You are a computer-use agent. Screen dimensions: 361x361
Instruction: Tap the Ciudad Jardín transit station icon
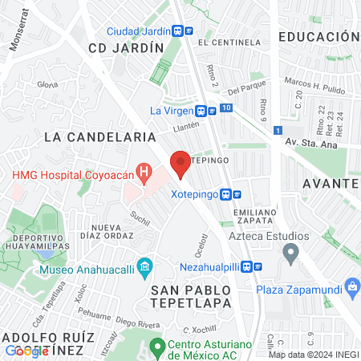(188, 30)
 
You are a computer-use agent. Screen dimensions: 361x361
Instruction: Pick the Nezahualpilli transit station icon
(249, 267)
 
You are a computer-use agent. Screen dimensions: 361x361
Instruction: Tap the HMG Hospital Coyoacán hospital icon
(144, 171)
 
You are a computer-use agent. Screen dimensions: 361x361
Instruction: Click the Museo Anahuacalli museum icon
(144, 266)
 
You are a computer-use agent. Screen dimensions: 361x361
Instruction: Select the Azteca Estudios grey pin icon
(291, 254)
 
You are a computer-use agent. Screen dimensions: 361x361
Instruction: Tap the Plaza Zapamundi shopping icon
(351, 289)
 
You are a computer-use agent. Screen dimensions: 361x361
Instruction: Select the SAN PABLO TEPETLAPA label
(191, 296)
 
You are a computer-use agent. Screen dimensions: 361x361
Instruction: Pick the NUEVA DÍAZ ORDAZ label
(112, 233)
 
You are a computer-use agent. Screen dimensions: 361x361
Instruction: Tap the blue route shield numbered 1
(277, 129)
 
